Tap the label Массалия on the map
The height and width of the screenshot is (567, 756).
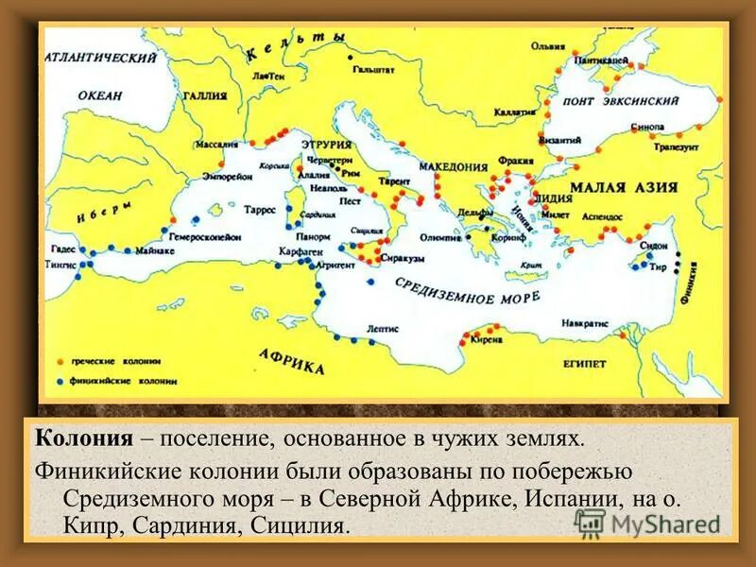[215, 146]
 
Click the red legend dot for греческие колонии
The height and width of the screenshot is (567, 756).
[61, 361]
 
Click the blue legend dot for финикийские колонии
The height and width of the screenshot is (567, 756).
[61, 381]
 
